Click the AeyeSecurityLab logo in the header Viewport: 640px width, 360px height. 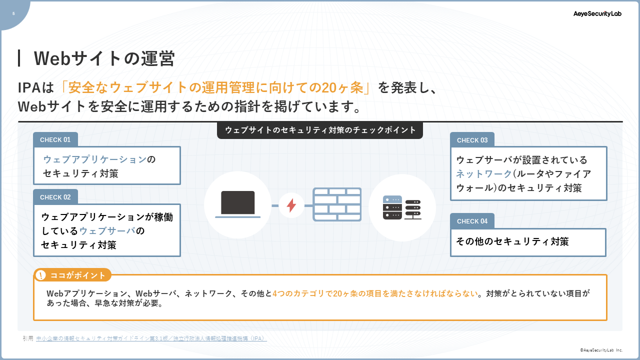(597, 13)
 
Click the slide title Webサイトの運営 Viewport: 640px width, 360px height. (104, 58)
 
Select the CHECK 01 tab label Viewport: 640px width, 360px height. (55, 139)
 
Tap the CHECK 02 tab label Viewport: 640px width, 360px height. (55, 197)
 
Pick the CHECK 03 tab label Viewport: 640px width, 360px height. (472, 140)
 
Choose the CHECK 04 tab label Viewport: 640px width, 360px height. (472, 221)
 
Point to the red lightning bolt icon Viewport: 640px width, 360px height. (291, 205)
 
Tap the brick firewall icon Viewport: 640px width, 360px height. (337, 204)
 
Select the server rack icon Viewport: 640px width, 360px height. (402, 207)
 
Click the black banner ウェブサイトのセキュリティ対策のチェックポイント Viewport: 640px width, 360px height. (320, 130)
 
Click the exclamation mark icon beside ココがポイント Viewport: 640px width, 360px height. (41, 275)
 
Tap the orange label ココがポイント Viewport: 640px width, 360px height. (77, 275)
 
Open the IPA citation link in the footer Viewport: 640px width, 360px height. (151, 338)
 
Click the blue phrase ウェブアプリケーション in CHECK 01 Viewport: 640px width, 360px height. (95, 159)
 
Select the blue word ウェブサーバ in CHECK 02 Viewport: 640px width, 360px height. (107, 231)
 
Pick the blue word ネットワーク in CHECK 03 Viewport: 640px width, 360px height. (483, 173)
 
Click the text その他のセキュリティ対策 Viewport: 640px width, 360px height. (512, 241)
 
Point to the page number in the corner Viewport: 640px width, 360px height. (13, 13)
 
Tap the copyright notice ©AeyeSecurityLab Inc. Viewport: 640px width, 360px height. (601, 350)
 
